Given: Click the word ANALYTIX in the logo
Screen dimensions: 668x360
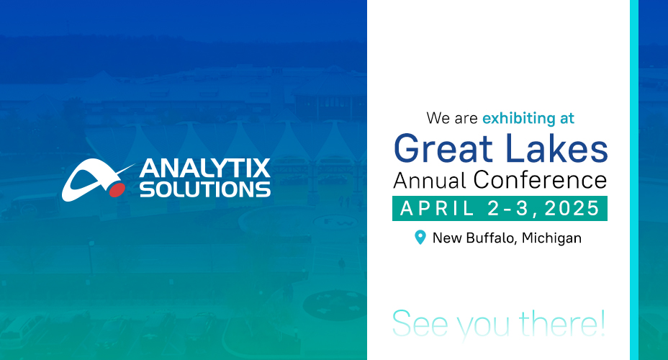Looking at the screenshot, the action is click(204, 168).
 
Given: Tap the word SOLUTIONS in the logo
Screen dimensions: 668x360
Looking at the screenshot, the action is click(205, 189).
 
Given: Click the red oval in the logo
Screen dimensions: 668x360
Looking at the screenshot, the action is click(117, 190).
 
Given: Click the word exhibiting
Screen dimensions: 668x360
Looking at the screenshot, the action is click(515, 118).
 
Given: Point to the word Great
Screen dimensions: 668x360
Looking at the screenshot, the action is click(443, 148).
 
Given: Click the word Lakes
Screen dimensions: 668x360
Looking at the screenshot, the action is click(556, 148).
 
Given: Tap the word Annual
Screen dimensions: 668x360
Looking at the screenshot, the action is click(430, 180).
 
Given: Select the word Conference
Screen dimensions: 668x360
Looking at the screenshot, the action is click(540, 179).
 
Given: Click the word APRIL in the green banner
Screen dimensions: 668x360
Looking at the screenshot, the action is click(438, 208).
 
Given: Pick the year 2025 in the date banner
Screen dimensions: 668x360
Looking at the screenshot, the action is click(572, 208).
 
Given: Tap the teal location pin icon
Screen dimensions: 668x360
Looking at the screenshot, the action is click(420, 238).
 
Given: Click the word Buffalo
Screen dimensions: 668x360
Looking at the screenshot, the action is click(490, 238).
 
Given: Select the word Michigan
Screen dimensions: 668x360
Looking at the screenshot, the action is click(551, 238).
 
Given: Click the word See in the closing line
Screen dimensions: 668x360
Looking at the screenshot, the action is click(420, 324).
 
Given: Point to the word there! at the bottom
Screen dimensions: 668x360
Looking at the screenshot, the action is click(562, 323).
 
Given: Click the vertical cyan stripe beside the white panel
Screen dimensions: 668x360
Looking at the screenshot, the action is click(634, 180).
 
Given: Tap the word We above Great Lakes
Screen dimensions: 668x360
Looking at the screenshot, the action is click(438, 118).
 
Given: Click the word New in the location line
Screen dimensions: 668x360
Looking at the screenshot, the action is click(447, 238).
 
